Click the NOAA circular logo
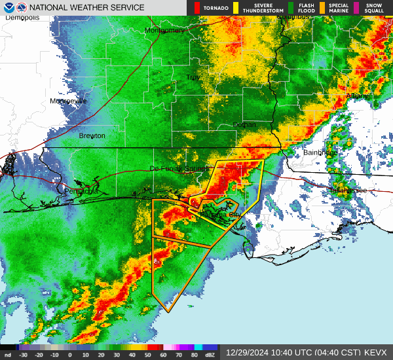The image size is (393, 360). coord(8,7)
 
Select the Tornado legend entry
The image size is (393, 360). coord(212,8)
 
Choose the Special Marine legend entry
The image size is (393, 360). coord(339,8)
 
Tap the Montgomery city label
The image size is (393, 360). coord(164,30)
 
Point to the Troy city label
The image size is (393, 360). coord(192,77)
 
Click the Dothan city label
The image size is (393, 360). coord(244,124)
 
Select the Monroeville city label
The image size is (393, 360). coord(68,101)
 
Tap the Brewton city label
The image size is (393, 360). coord(92,135)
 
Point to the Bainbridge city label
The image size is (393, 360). coord(320,153)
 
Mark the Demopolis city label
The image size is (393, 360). coord(22,18)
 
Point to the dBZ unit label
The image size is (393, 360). coord(210,356)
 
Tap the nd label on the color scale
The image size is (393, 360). coord(8,356)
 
